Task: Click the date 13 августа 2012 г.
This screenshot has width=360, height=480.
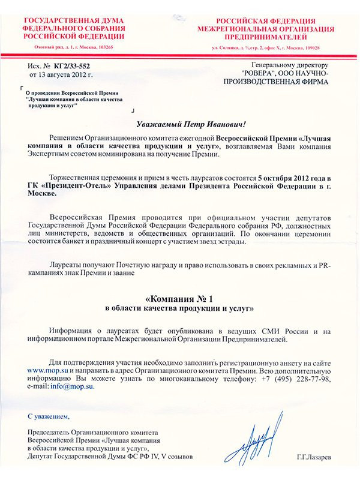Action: [x=61, y=74]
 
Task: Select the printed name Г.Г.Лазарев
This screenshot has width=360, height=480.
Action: [x=315, y=458]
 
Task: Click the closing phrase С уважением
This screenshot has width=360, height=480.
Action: [x=49, y=416]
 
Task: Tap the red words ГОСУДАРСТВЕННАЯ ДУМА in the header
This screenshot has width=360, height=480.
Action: [x=73, y=21]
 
